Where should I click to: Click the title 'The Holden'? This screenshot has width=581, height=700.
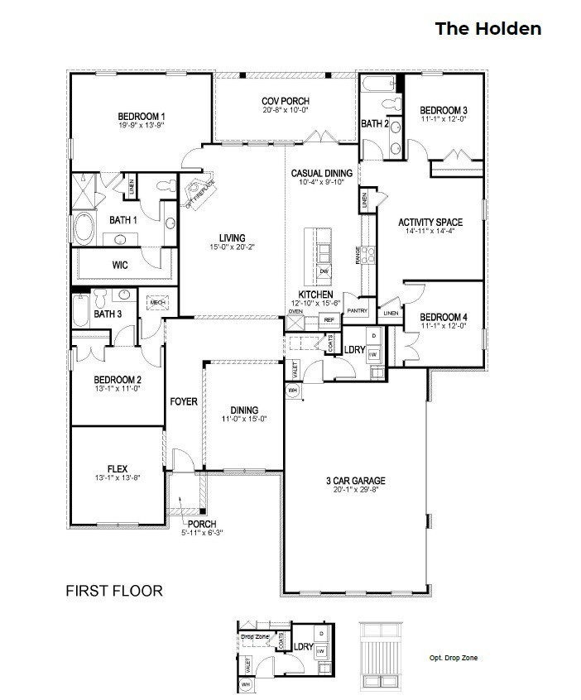(488, 29)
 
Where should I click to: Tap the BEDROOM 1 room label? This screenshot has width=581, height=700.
(142, 116)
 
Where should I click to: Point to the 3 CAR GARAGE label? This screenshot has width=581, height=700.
(355, 481)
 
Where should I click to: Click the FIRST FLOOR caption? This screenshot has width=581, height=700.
(114, 591)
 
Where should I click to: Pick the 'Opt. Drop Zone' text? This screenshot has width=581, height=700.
(453, 659)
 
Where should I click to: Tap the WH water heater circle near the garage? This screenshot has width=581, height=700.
(292, 389)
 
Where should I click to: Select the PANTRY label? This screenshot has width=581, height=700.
(358, 310)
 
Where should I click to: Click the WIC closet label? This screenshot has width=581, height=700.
(120, 266)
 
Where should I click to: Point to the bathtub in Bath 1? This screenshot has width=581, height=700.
(85, 227)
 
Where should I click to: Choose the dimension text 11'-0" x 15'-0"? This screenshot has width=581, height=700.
(246, 419)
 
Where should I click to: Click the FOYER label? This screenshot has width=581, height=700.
(184, 401)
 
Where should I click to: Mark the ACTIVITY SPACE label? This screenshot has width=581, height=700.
(430, 222)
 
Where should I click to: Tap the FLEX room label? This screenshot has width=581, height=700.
(116, 468)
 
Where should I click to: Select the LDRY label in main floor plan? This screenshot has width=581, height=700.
(354, 350)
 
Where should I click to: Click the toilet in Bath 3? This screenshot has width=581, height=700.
(99, 297)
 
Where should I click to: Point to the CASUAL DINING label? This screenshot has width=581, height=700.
(322, 173)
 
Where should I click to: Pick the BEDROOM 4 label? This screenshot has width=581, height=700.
(444, 317)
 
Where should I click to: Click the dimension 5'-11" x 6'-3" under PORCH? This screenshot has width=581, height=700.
(202, 533)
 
